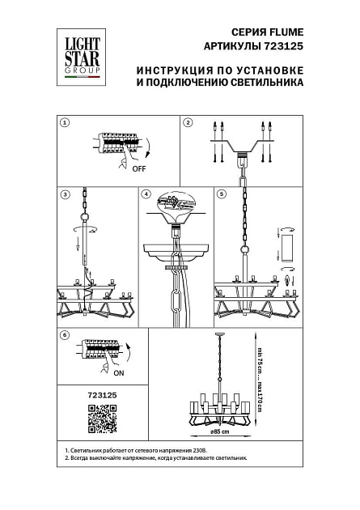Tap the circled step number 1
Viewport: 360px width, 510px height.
pyautogui.click(x=66, y=122)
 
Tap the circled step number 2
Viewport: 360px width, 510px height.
pyautogui.click(x=188, y=122)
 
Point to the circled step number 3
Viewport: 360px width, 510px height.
pyautogui.click(x=66, y=194)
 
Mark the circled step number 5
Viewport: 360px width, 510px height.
pyautogui.click(x=219, y=194)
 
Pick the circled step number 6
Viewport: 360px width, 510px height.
pyautogui.click(x=66, y=334)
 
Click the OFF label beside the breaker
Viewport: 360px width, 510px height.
pyautogui.click(x=139, y=169)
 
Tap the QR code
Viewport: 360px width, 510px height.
pyautogui.click(x=102, y=421)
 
